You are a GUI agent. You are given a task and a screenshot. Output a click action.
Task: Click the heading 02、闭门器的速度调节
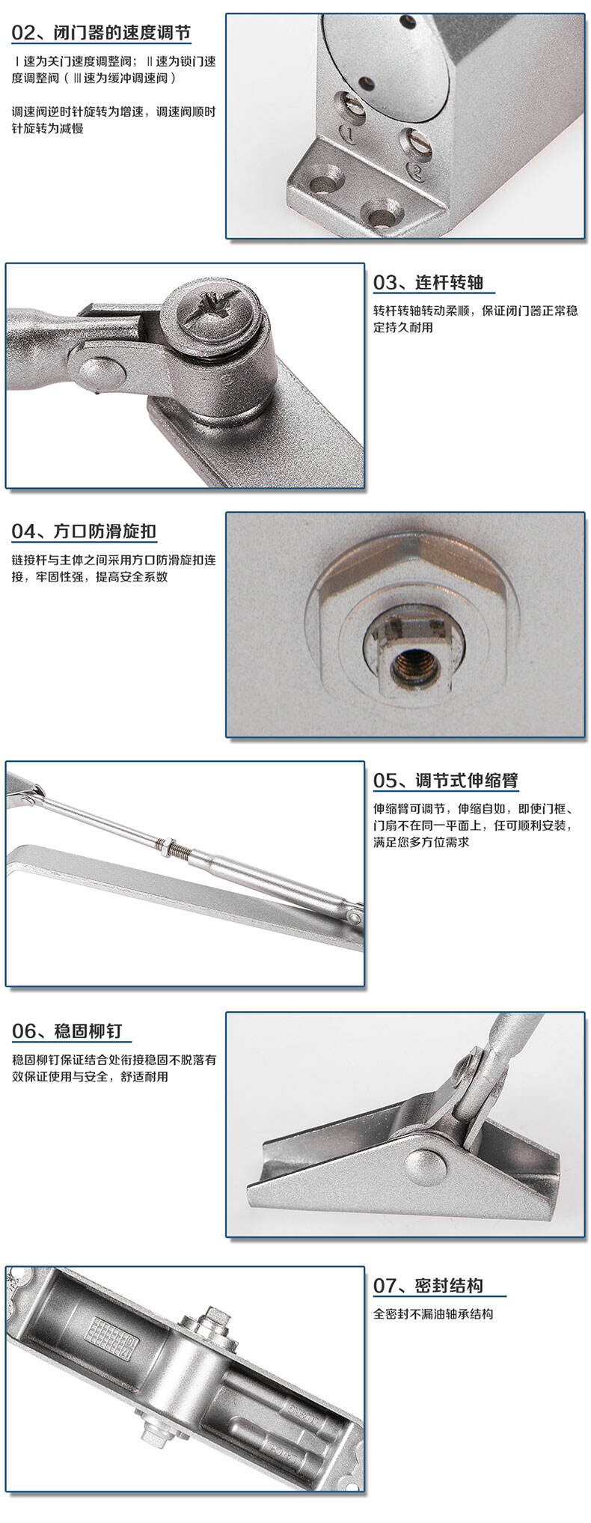(101, 34)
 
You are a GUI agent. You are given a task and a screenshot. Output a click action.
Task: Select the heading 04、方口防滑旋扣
(84, 531)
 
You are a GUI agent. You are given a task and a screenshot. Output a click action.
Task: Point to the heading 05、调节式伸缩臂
(446, 780)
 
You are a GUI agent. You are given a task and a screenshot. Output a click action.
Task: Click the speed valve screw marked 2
(415, 143)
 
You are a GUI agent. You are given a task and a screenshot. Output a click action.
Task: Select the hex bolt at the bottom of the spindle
(156, 1431)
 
